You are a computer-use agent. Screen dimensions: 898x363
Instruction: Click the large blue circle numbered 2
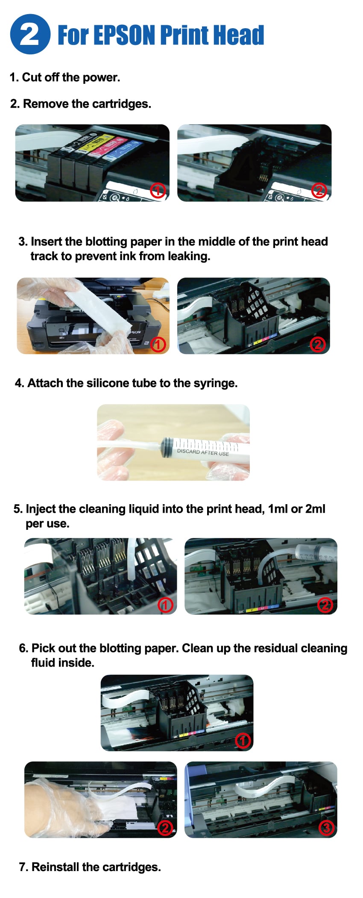(x=30, y=34)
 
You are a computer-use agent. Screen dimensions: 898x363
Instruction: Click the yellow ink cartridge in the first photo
(x=94, y=145)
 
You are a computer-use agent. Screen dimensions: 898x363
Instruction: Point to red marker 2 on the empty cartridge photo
(x=319, y=190)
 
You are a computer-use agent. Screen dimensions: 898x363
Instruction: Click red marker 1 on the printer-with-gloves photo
(x=158, y=344)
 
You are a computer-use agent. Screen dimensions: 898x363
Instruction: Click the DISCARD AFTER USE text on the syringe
(x=203, y=452)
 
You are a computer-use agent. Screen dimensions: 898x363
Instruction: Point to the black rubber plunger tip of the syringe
(x=167, y=447)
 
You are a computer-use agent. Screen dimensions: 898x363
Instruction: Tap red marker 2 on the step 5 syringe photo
(x=325, y=605)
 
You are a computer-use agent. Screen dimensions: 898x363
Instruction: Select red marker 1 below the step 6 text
(x=243, y=740)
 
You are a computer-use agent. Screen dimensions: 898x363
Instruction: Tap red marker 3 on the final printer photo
(x=326, y=828)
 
